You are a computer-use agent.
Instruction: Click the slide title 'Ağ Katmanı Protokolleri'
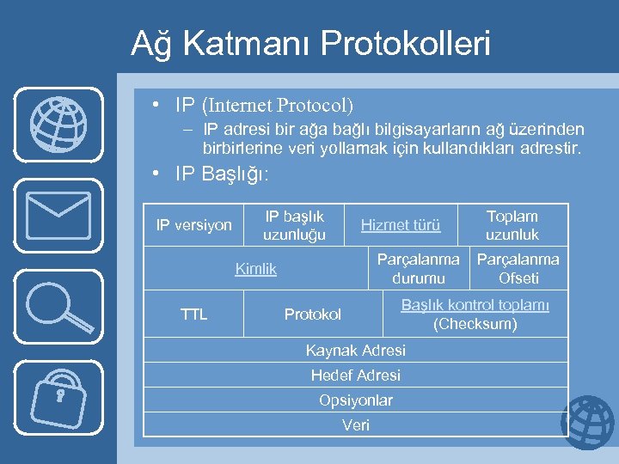(x=310, y=44)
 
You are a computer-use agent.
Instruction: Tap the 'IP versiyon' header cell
(x=193, y=225)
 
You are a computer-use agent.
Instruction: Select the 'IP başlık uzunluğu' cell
(x=294, y=225)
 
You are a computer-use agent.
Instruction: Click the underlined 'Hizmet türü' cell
(x=401, y=225)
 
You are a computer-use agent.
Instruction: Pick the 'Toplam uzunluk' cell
(x=512, y=225)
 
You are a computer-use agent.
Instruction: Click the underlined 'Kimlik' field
(x=256, y=269)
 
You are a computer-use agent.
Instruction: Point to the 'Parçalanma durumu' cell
(x=418, y=269)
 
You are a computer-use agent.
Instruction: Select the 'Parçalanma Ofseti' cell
(x=518, y=269)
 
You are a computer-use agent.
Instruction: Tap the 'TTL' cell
(x=193, y=314)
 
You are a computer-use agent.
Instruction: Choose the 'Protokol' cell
(x=313, y=314)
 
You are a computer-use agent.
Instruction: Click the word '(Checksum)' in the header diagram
(x=475, y=325)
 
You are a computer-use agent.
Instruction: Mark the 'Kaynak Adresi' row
(x=356, y=351)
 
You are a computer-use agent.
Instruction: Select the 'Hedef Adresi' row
(x=356, y=375)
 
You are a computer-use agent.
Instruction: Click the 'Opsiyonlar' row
(x=356, y=400)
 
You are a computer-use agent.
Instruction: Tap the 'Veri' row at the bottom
(x=356, y=425)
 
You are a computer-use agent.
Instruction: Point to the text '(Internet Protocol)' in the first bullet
(x=277, y=106)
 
